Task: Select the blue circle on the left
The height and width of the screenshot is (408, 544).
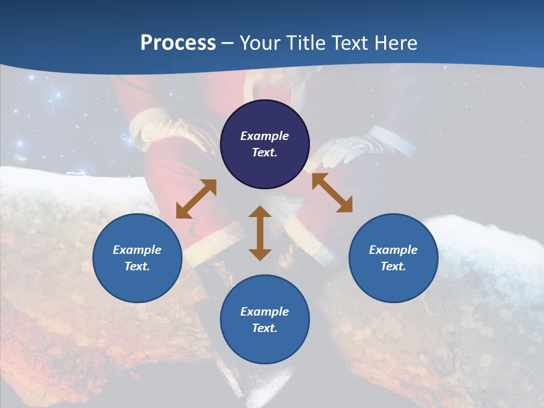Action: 137,258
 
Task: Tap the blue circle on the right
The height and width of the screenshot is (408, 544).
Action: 393,258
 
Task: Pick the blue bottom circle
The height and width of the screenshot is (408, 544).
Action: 265,319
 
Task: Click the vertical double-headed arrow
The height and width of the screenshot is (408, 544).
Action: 260,233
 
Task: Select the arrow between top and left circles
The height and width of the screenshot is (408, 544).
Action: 196,199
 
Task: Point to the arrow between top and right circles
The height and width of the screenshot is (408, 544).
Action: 332,193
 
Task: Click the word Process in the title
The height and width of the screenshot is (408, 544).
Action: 178,43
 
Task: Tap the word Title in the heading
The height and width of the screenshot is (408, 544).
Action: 305,43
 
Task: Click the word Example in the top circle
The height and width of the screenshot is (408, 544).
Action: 265,136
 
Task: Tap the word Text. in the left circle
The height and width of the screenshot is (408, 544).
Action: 137,266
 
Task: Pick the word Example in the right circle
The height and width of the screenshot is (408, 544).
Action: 393,250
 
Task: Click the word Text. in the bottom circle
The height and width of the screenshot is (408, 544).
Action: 265,328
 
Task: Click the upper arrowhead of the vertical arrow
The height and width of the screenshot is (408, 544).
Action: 260,212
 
